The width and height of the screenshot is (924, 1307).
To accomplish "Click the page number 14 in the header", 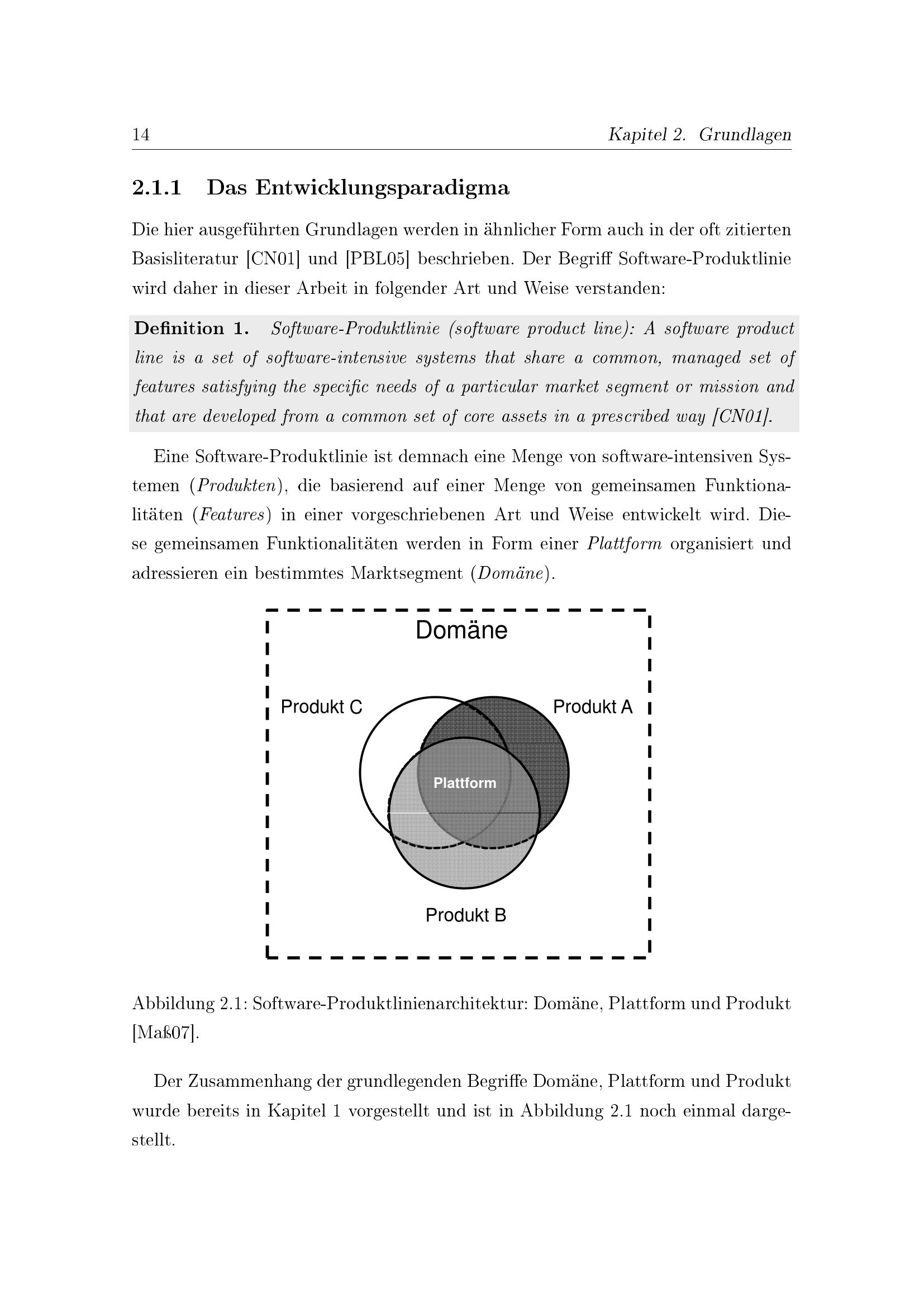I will click(x=141, y=135).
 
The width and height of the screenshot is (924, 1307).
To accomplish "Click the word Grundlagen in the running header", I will click(x=745, y=135).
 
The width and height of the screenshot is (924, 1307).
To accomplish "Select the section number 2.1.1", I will click(x=156, y=188).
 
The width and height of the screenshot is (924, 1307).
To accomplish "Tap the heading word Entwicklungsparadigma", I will click(x=382, y=188).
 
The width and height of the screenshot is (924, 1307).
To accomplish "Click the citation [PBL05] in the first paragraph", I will click(x=377, y=259).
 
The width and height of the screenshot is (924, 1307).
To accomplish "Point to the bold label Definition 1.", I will click(x=191, y=329).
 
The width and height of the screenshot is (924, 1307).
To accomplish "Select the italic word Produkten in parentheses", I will click(x=235, y=486).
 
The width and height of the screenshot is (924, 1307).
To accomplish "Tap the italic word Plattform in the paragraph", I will click(x=624, y=544).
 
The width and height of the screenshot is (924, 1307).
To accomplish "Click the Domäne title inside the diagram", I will click(x=461, y=630).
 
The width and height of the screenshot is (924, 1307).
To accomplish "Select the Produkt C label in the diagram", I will click(x=321, y=707).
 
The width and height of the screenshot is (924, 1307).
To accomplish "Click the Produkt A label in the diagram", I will click(x=593, y=707).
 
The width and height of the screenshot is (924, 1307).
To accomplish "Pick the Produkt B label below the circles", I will click(x=465, y=915).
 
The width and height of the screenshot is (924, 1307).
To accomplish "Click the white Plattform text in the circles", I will click(x=464, y=783).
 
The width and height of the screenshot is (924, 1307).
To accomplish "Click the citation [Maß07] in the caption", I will click(x=165, y=1033).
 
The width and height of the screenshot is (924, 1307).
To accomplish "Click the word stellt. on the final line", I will click(x=153, y=1140).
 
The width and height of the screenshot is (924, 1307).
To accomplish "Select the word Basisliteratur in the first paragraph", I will click(x=185, y=259).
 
